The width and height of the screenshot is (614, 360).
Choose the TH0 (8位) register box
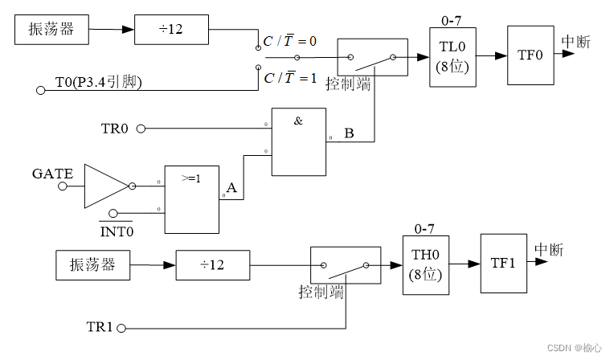pos(425,264)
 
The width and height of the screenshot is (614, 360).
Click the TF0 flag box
pos(530,55)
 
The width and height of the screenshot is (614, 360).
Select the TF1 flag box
pos(503,264)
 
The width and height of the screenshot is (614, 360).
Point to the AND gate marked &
pos(298,141)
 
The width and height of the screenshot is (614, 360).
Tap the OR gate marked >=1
pos(192,199)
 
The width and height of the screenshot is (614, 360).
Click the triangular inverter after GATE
pos(104,186)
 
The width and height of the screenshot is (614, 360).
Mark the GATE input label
pos(53,174)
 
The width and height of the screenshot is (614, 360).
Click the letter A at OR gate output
pos(231,188)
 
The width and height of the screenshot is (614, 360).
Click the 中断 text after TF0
pos(575,43)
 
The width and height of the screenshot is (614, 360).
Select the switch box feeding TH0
pos(345,265)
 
